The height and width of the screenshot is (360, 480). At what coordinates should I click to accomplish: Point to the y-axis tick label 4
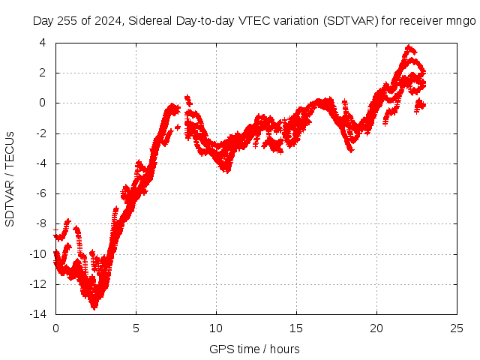coord(46,43)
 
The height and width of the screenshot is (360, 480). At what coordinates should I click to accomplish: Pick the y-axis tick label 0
coord(46,103)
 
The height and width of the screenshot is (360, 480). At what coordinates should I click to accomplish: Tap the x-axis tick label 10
coord(216,328)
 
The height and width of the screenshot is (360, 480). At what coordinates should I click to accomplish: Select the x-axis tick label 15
coord(296,328)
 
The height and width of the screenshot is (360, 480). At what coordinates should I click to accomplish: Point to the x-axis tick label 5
coord(136,328)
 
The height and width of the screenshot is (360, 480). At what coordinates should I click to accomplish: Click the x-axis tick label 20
coord(376,328)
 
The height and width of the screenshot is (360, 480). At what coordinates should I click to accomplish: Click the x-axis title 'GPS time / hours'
coord(256,349)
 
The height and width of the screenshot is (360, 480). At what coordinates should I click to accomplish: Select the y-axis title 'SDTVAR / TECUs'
coord(10,178)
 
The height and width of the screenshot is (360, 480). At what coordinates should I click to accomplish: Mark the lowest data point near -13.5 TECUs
coord(94,307)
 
